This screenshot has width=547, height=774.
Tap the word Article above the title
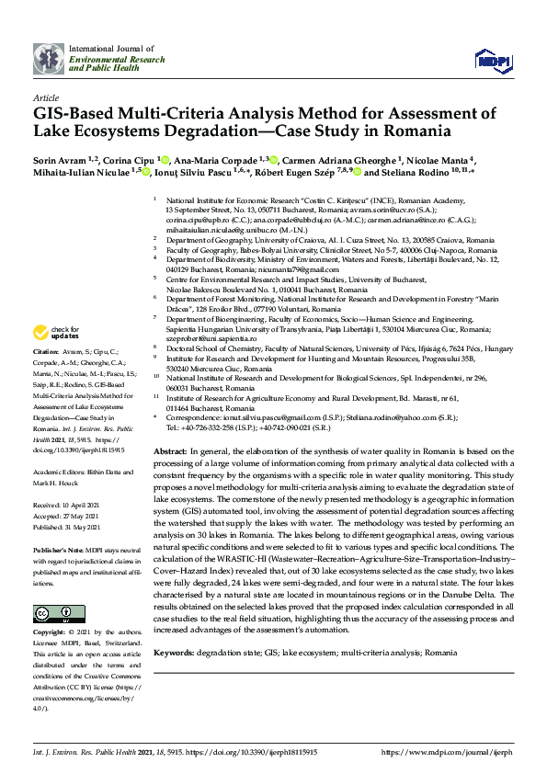tap(45, 97)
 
